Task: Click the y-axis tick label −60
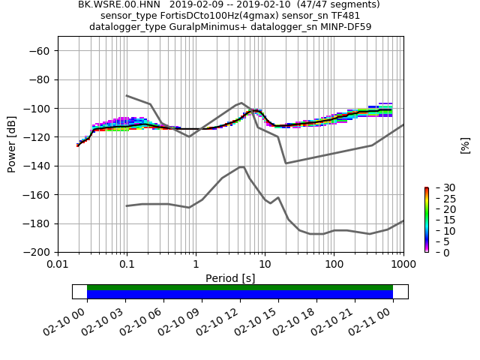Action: [x=39, y=51]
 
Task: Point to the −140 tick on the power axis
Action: [x=39, y=166]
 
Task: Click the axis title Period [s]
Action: [x=230, y=278]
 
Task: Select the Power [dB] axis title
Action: [x=12, y=145]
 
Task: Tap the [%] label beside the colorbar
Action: [x=465, y=145]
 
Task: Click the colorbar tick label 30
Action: [x=440, y=187]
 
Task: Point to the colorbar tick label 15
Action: [x=440, y=220]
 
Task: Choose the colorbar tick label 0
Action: [x=437, y=253]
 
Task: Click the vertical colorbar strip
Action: [x=426, y=220]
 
